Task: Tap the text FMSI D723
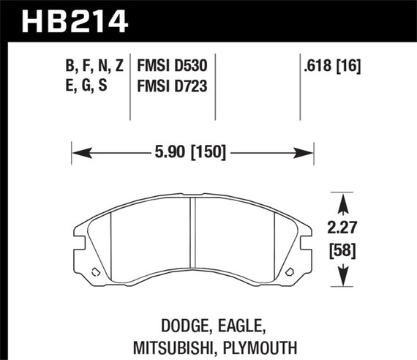171,87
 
